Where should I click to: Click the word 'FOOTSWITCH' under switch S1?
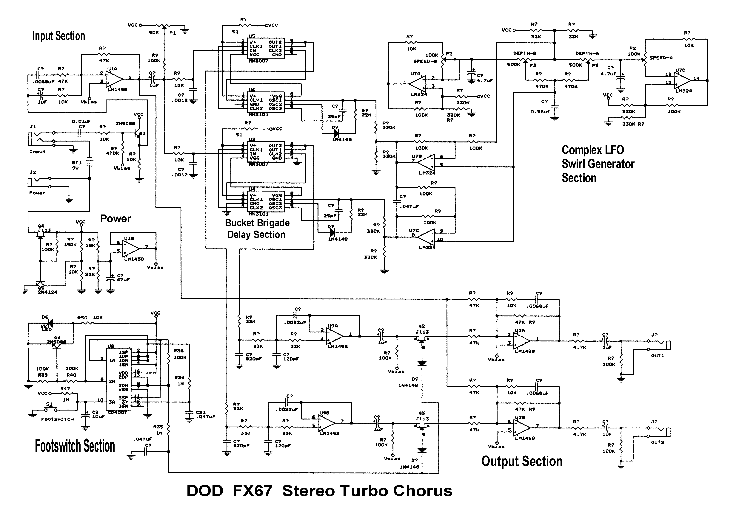click(x=58, y=419)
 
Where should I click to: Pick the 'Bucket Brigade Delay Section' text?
click(x=257, y=228)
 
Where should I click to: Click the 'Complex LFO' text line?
click(x=593, y=150)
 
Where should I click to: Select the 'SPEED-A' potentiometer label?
click(x=661, y=58)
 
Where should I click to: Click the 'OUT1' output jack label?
click(x=658, y=355)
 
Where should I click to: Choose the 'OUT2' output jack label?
click(x=658, y=442)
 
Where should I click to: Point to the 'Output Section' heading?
click(x=521, y=461)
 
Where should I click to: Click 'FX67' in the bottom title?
click(x=252, y=491)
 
